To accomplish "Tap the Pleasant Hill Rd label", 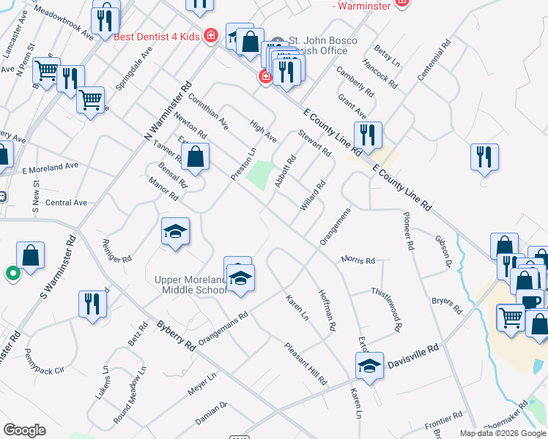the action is click(305, 364).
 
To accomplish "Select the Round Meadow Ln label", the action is click(129, 397).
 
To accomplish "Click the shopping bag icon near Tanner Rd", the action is click(195, 157).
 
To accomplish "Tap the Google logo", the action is click(24, 430).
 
